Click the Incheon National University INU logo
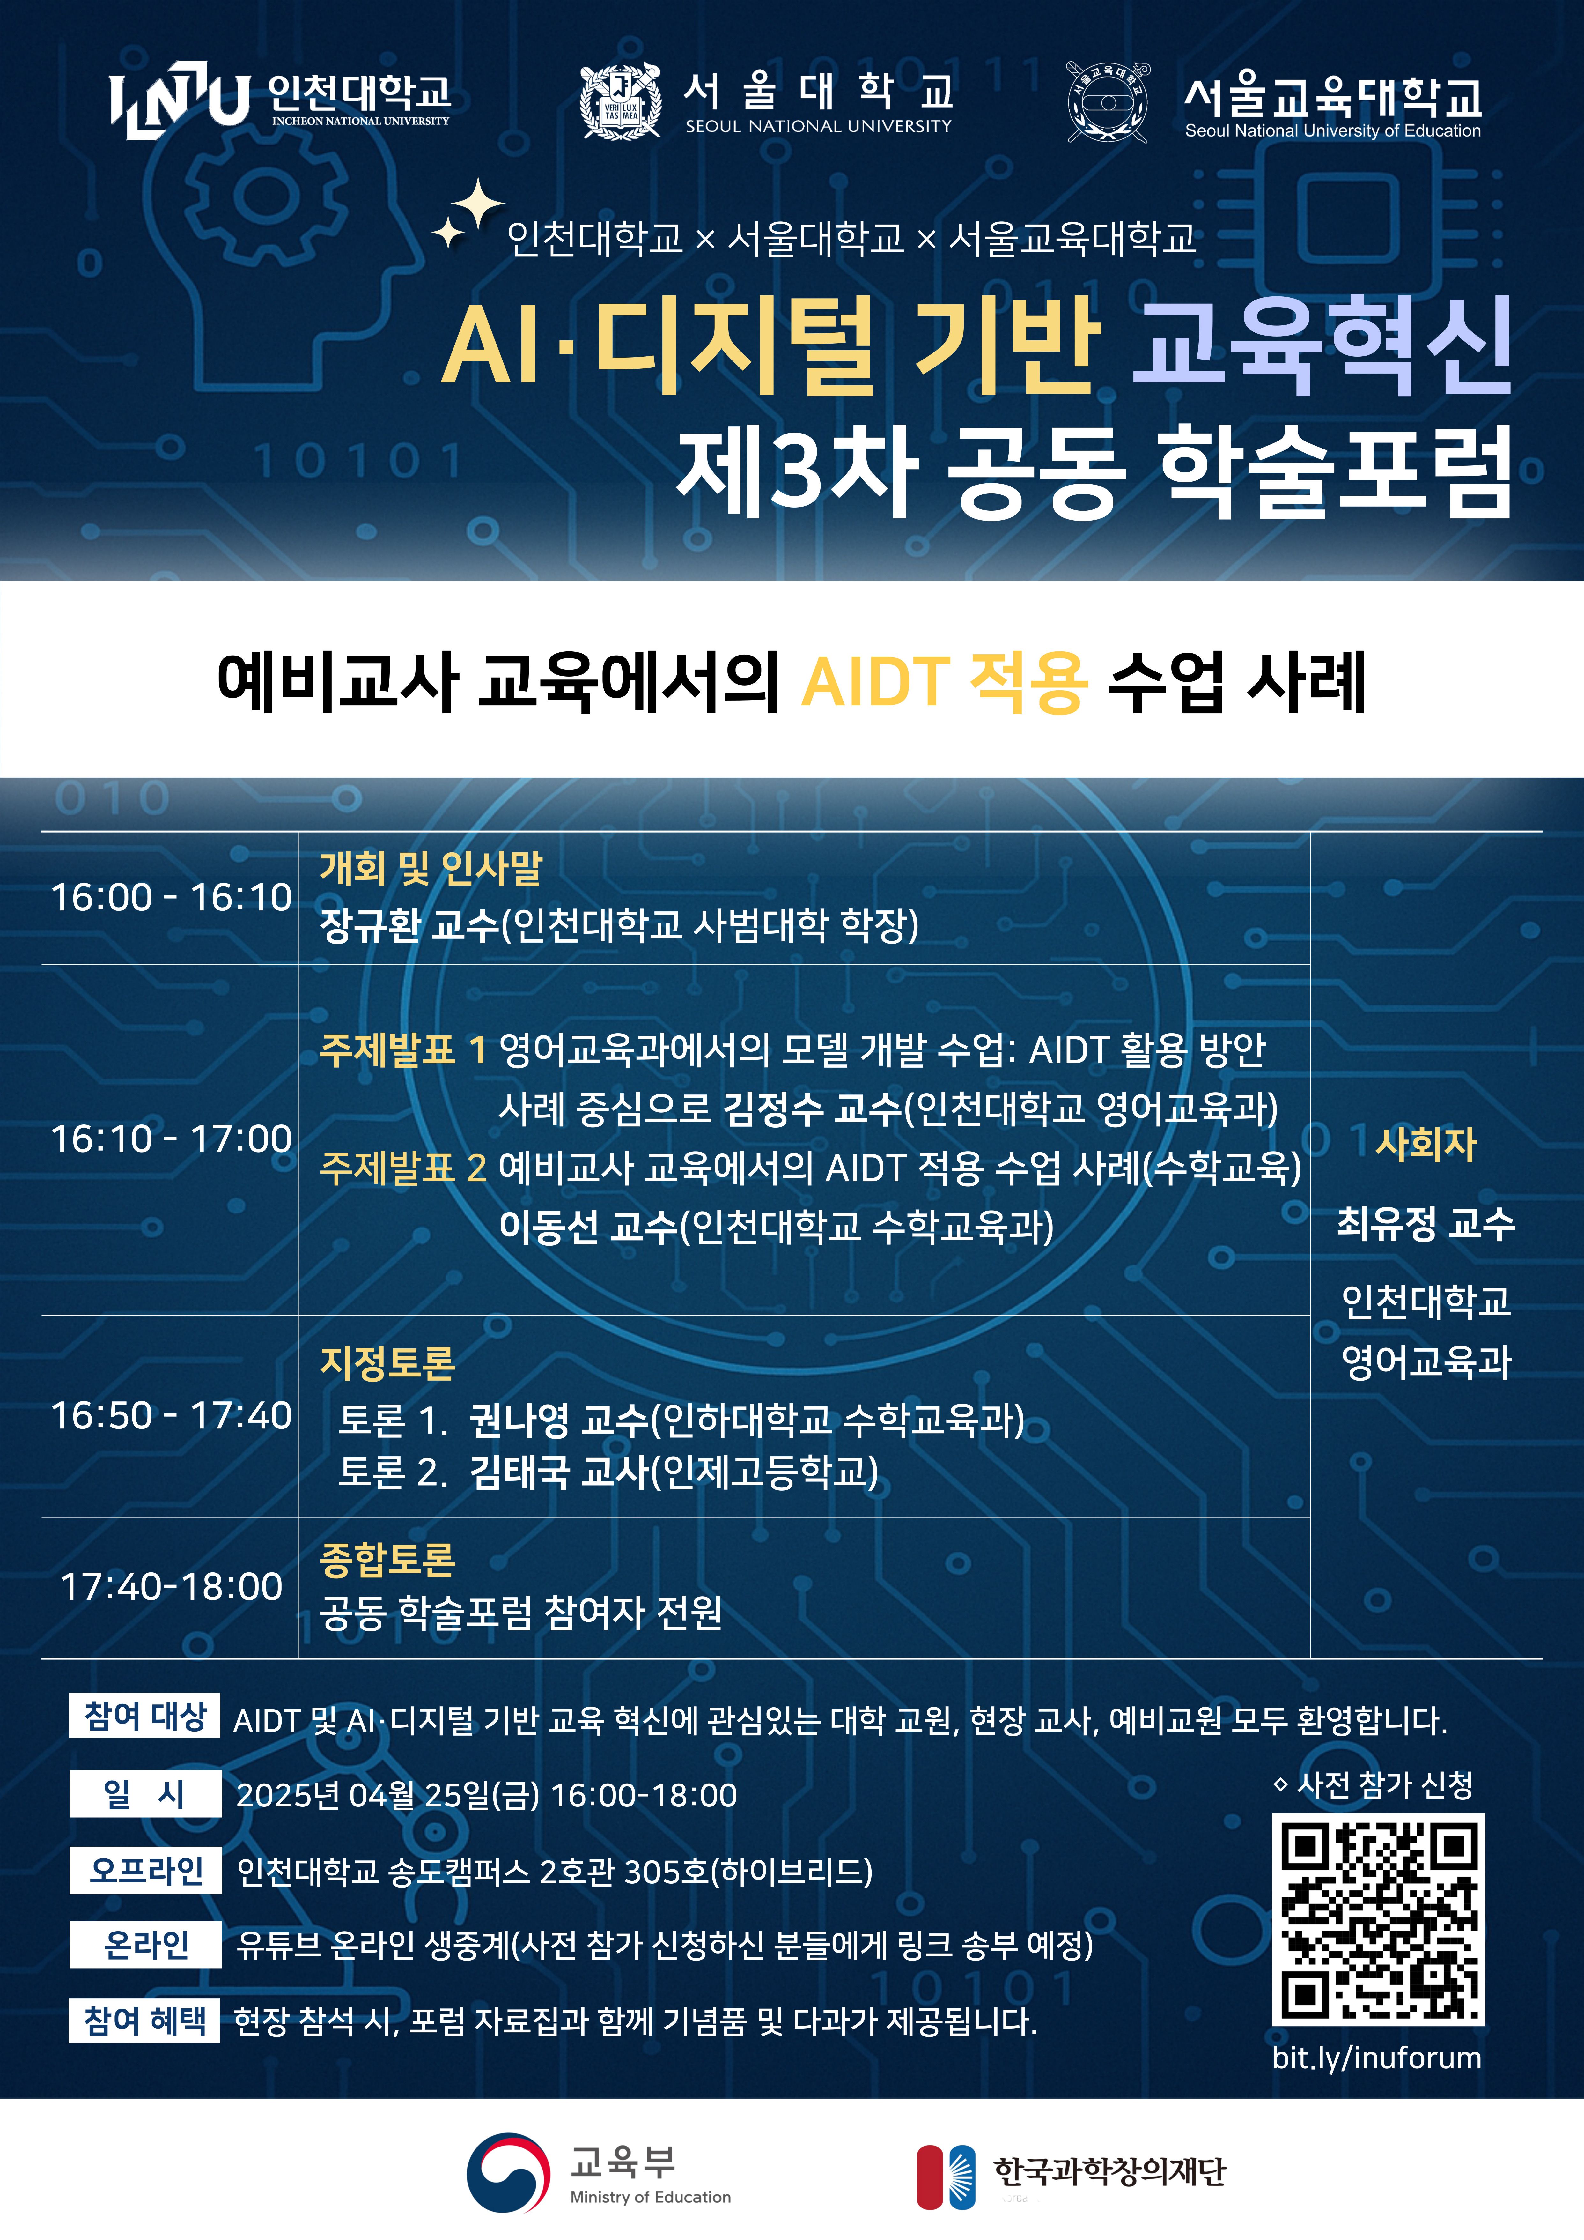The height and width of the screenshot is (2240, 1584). [x=180, y=100]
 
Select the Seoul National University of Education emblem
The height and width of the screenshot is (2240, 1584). [x=1107, y=101]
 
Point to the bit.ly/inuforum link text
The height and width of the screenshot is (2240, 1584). [x=1376, y=2058]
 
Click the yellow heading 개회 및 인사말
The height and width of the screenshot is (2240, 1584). [x=431, y=867]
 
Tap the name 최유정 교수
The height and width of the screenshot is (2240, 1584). [x=1426, y=1222]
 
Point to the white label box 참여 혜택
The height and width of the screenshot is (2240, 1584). [x=144, y=2020]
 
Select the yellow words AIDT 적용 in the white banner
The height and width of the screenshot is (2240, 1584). [x=944, y=681]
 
